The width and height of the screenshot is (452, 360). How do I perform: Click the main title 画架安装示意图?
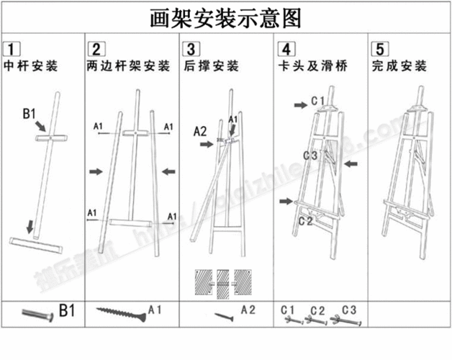[225, 17]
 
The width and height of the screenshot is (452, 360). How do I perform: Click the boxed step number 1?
[12, 50]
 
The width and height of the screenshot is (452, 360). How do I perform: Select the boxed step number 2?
[95, 50]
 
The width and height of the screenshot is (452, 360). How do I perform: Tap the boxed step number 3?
[191, 50]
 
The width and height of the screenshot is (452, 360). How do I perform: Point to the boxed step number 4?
[286, 50]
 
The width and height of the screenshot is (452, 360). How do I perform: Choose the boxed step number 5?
[379, 50]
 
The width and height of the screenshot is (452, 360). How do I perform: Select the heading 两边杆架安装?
[127, 67]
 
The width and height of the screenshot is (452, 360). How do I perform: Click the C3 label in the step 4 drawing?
[310, 155]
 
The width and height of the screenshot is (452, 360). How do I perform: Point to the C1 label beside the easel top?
[318, 99]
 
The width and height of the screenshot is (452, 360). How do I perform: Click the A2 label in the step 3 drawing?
[200, 131]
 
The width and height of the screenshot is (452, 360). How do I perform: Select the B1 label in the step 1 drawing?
[30, 113]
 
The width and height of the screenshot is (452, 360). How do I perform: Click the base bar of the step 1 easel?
[35, 243]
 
